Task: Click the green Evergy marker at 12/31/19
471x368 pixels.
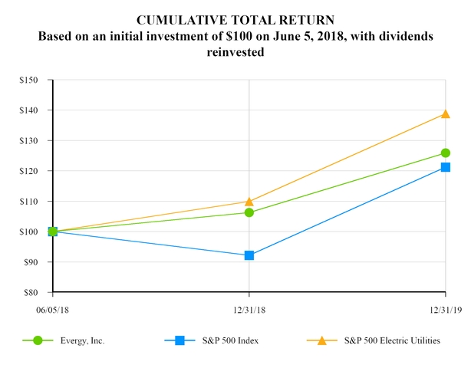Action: pyautogui.click(x=446, y=153)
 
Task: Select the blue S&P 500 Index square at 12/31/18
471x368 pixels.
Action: pyautogui.click(x=249, y=255)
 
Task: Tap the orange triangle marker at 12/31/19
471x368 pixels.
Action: pyautogui.click(x=446, y=114)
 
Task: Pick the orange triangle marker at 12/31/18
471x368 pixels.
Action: pyautogui.click(x=249, y=202)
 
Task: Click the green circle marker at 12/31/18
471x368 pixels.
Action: pyautogui.click(x=249, y=212)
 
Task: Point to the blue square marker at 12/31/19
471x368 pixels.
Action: pyautogui.click(x=446, y=167)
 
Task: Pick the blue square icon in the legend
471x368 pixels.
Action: pyautogui.click(x=180, y=340)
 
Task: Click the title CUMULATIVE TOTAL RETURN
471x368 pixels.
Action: pyautogui.click(x=235, y=18)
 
